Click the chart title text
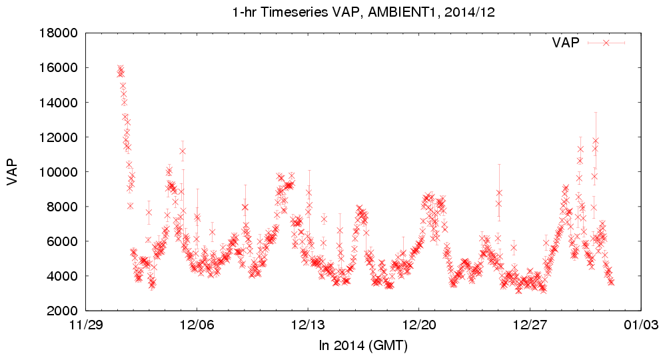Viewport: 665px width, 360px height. pos(362,13)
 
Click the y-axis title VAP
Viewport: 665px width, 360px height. pos(13,172)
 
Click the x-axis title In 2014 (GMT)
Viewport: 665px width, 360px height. pos(363,346)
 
